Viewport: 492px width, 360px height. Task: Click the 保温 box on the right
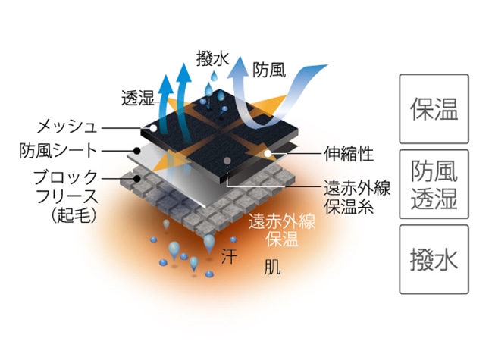(433, 109)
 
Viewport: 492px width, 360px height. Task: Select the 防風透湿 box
(433, 183)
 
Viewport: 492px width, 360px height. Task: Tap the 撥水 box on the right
(433, 259)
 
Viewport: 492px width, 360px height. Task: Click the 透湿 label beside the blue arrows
(139, 99)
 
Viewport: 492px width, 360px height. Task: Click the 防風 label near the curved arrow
(269, 70)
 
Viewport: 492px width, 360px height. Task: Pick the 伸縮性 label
(349, 154)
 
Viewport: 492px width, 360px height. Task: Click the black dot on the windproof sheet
(139, 150)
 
